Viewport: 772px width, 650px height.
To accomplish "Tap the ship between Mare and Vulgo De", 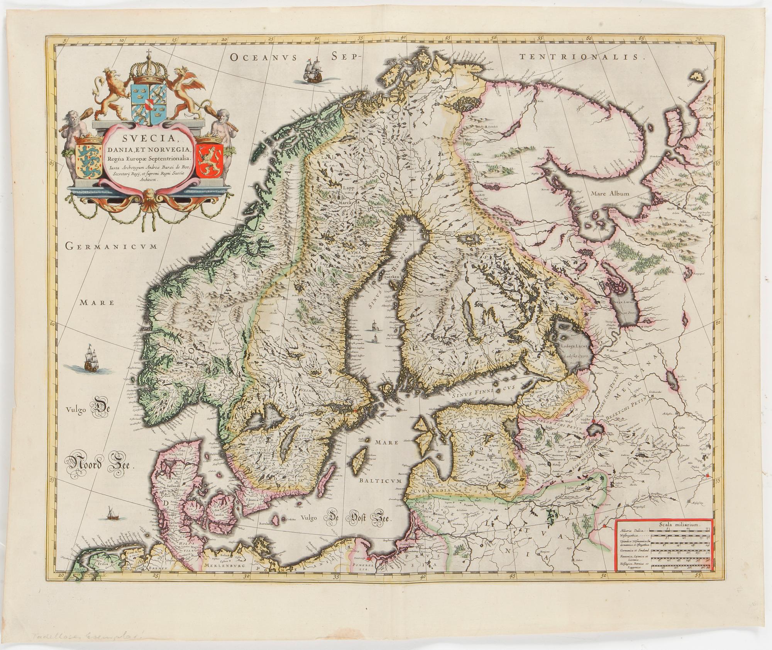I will point(90,358).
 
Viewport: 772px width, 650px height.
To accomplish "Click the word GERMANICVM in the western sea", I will point(111,246).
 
